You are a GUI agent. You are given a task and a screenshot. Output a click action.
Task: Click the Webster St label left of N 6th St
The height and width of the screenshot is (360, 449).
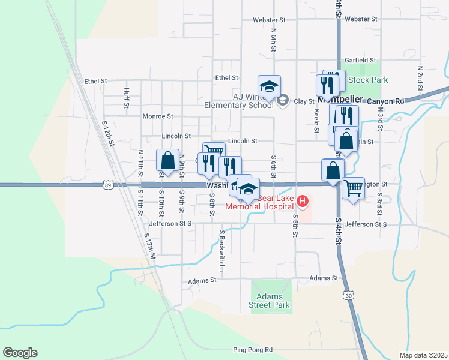(x=268, y=20)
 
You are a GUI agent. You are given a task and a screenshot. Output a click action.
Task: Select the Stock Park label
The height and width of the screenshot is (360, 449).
(x=368, y=80)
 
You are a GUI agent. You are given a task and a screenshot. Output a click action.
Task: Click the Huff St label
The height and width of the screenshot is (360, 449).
(x=127, y=97)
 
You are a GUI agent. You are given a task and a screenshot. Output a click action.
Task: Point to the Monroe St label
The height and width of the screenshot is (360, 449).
(x=157, y=116)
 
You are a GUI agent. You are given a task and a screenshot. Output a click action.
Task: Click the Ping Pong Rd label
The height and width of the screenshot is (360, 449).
(x=252, y=350)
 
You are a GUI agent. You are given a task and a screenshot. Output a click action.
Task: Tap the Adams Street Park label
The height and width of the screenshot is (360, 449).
(x=273, y=301)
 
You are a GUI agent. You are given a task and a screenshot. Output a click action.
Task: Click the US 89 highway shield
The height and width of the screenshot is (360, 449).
(x=107, y=185)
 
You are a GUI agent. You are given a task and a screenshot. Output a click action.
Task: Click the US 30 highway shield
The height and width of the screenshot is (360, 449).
(x=349, y=295)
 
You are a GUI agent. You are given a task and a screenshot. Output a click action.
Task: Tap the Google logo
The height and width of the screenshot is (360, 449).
(x=20, y=353)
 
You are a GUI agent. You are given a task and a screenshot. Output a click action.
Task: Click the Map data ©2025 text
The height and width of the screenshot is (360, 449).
(x=423, y=355)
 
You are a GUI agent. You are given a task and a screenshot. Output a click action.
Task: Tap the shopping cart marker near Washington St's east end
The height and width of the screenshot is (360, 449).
(x=353, y=188)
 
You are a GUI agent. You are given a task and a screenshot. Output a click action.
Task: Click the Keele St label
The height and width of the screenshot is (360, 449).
(x=316, y=120)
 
